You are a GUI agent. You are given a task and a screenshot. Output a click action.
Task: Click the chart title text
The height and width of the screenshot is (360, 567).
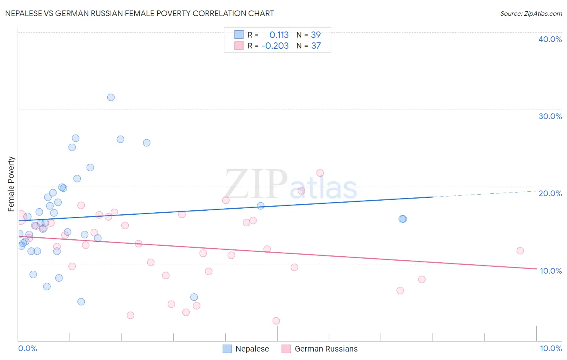click(x=140, y=13)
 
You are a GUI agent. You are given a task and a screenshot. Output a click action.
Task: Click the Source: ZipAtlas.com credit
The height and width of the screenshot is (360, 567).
click(x=531, y=14)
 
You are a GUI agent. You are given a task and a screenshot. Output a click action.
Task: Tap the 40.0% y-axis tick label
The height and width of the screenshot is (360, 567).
click(x=550, y=39)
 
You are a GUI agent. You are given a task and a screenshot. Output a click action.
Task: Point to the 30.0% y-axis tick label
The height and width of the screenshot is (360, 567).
click(x=550, y=116)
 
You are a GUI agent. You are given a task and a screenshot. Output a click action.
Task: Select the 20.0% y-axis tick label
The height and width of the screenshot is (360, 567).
click(x=550, y=193)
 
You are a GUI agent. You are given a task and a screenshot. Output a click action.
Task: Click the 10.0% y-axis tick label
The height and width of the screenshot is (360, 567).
click(x=550, y=271)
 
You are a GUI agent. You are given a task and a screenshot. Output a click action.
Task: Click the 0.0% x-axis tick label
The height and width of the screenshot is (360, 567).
click(x=27, y=348)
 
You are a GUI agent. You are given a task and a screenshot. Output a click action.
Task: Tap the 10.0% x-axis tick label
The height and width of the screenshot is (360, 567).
click(x=550, y=348)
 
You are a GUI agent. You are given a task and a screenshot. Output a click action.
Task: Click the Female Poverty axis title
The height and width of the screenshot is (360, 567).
click(x=11, y=184)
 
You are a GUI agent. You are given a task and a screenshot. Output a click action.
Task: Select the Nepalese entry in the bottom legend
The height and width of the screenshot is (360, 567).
click(x=246, y=349)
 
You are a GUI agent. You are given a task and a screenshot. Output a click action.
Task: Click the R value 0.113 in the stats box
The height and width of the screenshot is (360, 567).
click(x=279, y=35)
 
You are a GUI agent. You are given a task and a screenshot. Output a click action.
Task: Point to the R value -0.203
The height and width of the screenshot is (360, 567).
click(x=275, y=46)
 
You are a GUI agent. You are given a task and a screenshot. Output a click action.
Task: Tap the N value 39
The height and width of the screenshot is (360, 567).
click(x=316, y=35)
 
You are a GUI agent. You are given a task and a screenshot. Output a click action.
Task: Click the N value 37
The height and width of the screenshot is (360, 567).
click(x=316, y=46)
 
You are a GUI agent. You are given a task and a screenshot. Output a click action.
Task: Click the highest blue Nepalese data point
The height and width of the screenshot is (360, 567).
click(x=111, y=97)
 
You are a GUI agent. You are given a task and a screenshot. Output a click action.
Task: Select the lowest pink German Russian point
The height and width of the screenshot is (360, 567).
click(x=276, y=321)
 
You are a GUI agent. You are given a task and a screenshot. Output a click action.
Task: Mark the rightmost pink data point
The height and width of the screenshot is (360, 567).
click(x=520, y=251)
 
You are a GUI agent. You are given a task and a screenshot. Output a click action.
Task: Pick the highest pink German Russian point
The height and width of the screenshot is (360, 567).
click(x=320, y=173)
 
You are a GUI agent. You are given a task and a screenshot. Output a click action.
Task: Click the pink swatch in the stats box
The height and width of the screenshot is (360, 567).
click(x=239, y=46)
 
